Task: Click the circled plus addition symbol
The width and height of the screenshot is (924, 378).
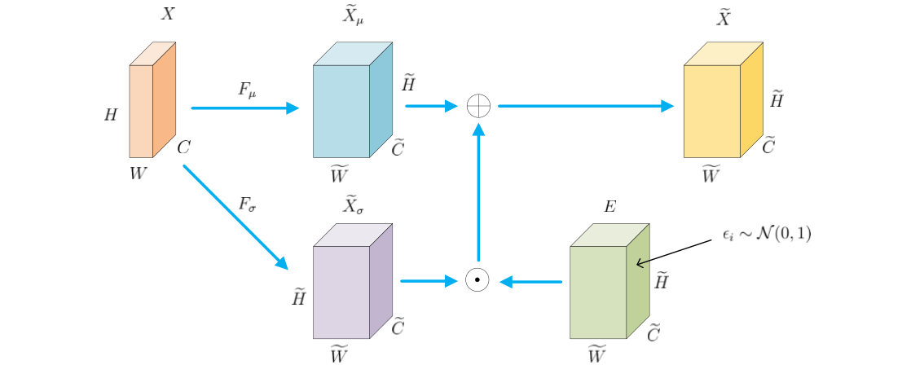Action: pos(478,106)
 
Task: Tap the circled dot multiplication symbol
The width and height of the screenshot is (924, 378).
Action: pos(477,280)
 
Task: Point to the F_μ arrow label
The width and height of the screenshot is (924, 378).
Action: pos(247,90)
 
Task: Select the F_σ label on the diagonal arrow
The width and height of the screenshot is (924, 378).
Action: pos(248,204)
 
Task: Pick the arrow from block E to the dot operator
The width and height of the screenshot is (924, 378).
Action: pos(530,282)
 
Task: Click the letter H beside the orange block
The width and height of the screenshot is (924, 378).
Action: pos(111,115)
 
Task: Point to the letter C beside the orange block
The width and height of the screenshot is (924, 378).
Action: pos(184,147)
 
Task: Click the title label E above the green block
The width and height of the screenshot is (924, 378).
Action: pos(609,206)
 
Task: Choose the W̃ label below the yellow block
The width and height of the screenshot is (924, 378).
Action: pos(711,174)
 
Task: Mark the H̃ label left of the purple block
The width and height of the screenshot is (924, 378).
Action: pos(298,297)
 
